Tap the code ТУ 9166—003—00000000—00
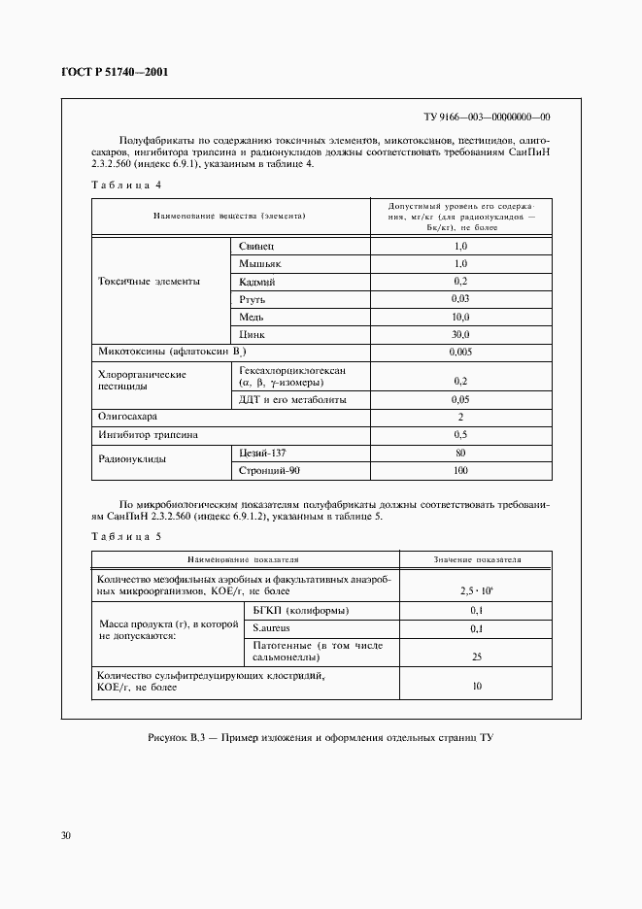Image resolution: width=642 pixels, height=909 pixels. [x=488, y=116]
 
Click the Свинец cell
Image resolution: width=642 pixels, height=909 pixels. [x=257, y=247]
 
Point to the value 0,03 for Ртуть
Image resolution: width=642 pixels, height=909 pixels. [x=460, y=299]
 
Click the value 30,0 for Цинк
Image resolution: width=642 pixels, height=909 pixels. [x=460, y=334]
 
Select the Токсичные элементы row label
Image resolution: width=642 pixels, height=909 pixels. [x=150, y=282]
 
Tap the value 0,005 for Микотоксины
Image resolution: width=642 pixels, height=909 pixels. [x=460, y=352]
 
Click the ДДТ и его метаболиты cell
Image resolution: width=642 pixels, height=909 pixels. [x=292, y=399]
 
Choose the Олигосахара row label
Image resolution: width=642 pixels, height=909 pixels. [x=127, y=417]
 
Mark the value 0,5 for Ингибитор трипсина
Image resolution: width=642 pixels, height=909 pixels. [x=460, y=434]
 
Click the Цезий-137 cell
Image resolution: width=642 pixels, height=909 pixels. [x=263, y=453]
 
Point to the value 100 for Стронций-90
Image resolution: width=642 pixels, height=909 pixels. [x=460, y=471]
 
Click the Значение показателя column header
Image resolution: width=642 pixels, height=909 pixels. [x=476, y=560]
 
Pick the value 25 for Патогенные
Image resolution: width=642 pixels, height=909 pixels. [x=476, y=657]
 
